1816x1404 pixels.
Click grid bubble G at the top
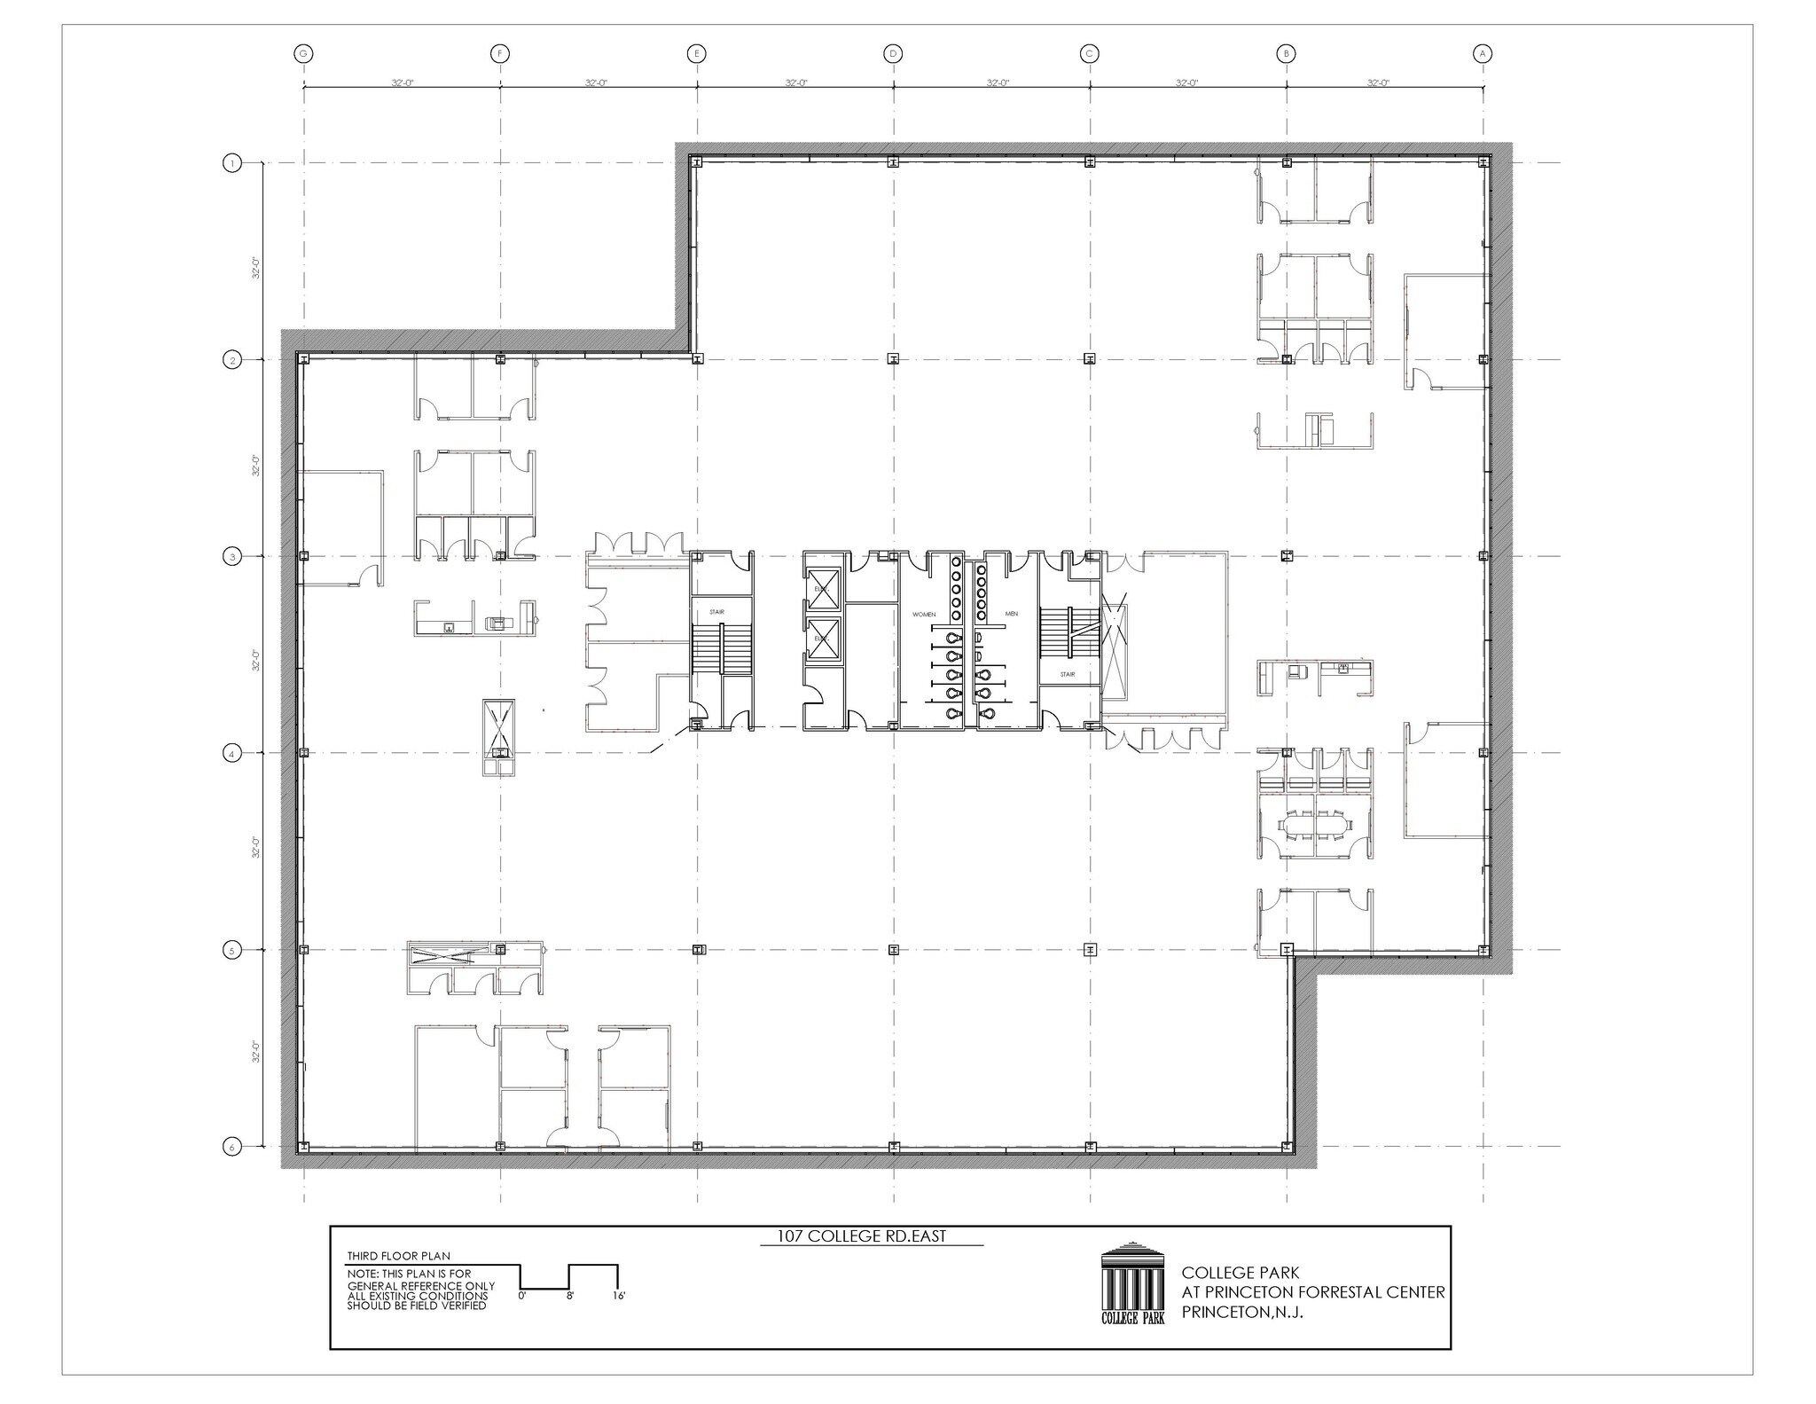pyautogui.click(x=304, y=54)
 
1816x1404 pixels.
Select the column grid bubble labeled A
pyautogui.click(x=1483, y=54)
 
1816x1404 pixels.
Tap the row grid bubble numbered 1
pyautogui.click(x=232, y=163)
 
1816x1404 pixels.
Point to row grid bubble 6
pyautogui.click(x=232, y=1147)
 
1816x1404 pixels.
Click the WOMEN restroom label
pyautogui.click(x=924, y=614)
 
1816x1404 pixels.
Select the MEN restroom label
pyautogui.click(x=1011, y=614)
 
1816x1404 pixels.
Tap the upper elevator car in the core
pyautogui.click(x=822, y=591)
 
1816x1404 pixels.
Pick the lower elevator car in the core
pyautogui.click(x=822, y=638)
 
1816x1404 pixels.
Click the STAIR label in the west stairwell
pyautogui.click(x=716, y=612)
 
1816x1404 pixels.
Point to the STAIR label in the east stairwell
pyautogui.click(x=1068, y=675)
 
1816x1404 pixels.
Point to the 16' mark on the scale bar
pyautogui.click(x=618, y=1297)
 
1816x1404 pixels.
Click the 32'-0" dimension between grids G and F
pyautogui.click(x=403, y=82)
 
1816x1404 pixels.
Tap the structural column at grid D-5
pyautogui.click(x=894, y=950)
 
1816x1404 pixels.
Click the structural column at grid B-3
pyautogui.click(x=1287, y=556)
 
